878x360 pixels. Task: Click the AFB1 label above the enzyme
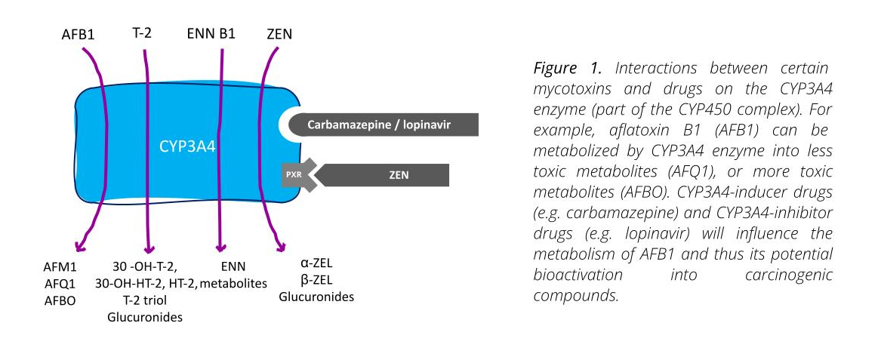coord(78,35)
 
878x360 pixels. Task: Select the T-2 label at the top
coord(142,34)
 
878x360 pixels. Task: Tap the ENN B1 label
coord(211,34)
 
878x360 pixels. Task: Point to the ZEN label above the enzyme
coord(280,34)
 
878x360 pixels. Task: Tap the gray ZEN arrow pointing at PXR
coord(383,174)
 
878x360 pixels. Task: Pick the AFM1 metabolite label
coord(60,267)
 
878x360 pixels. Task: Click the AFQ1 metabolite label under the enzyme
coord(60,284)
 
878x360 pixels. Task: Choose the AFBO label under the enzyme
coord(60,300)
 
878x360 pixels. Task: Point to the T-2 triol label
coord(145,300)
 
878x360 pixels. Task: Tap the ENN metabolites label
coord(233,275)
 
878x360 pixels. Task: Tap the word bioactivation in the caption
coord(578,275)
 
